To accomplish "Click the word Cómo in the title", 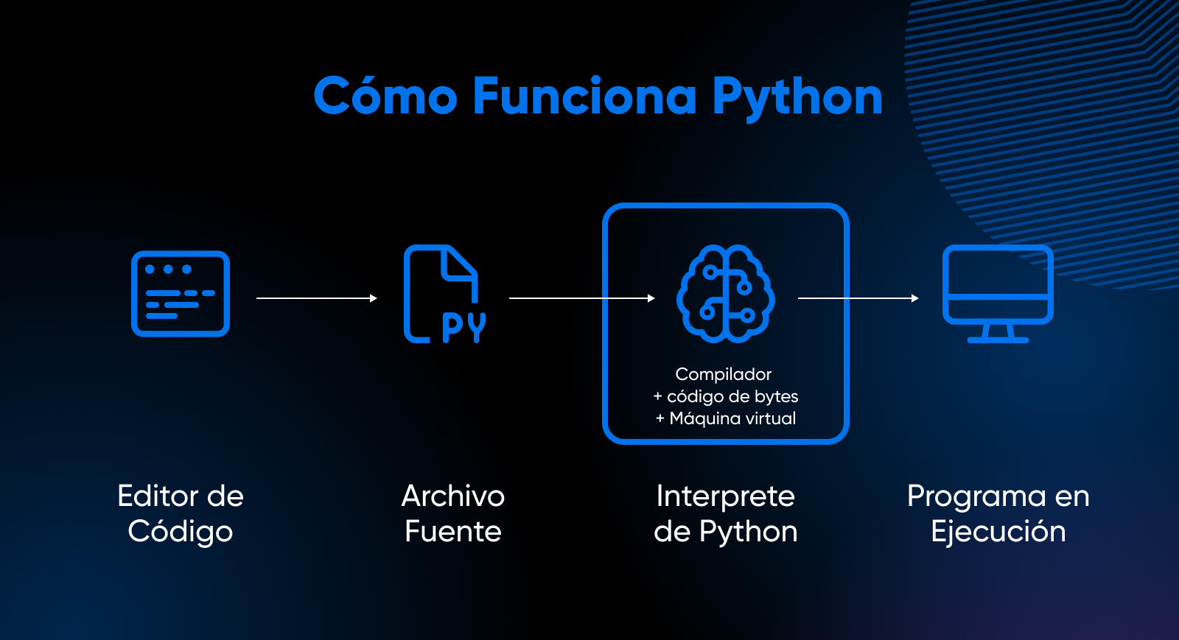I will pos(385,96).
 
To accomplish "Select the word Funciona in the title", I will pos(584,96).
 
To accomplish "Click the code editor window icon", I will pos(181,294).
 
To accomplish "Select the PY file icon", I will pos(444,295).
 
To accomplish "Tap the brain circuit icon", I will pos(725,294).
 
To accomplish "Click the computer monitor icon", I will pos(998,293).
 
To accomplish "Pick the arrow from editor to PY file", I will pos(317,298).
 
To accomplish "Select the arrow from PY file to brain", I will pos(582,298).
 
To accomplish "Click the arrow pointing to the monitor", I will pos(858,298).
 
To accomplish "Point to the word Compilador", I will pos(724,374).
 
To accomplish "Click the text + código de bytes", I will pos(726,396).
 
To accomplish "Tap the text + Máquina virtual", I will pos(726,418).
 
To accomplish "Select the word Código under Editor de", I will pos(181,532).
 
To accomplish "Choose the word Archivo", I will pos(453,496).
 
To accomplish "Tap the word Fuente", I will pos(453,532).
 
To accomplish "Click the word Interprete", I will pos(726,496).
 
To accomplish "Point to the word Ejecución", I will pos(998,532).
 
